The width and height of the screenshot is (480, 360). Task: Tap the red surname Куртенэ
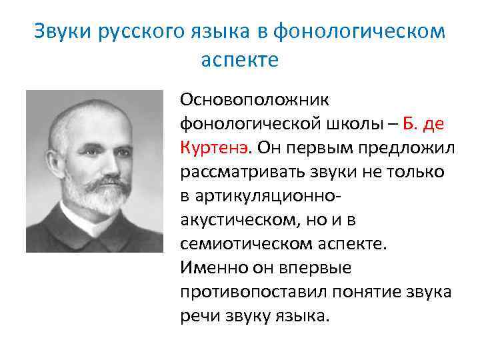pos(216,146)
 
